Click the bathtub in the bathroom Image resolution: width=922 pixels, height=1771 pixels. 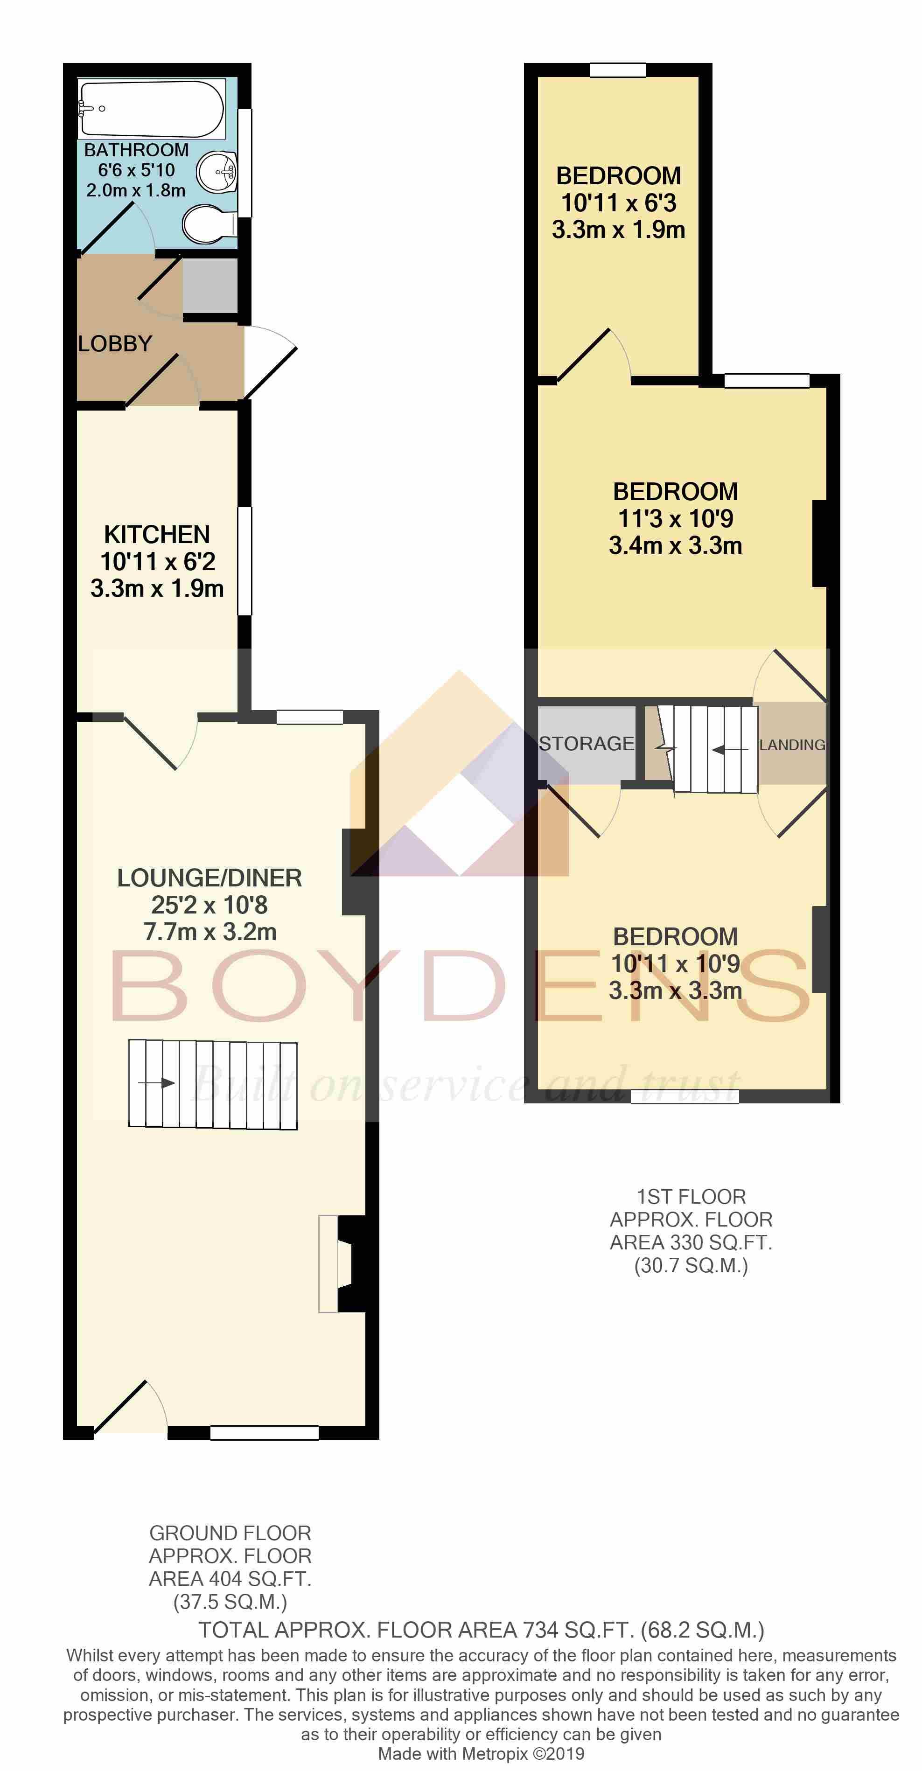point(151,109)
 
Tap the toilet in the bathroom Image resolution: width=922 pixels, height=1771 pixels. point(210,224)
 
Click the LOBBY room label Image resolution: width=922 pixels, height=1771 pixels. point(115,344)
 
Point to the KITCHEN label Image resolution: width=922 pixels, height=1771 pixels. point(157,534)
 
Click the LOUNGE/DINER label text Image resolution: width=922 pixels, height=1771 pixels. point(210,878)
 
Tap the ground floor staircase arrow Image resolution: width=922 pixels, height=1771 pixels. point(157,1083)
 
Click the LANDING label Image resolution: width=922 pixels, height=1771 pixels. point(792,745)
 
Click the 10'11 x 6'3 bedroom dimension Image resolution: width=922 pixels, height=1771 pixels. point(619,203)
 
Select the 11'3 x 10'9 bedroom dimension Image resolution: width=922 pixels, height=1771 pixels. point(676,518)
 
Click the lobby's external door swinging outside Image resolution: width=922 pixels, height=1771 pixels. point(270,363)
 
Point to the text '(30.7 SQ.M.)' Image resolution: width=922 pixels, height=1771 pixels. point(691,1266)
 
